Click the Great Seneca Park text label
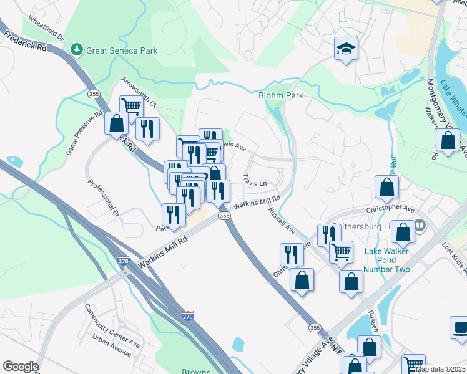point(122,50)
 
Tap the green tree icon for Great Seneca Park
point(76,49)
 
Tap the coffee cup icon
point(461,328)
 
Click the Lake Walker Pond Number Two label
point(387,261)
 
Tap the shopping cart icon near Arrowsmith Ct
point(131,105)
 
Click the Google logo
point(21,367)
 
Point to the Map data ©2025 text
point(440,369)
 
